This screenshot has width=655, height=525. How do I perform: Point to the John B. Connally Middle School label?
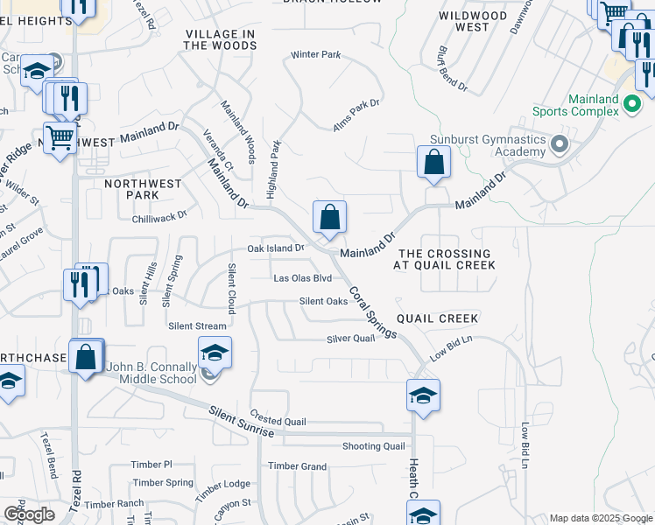[x=151, y=373]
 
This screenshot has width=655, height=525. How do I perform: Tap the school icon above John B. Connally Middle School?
[x=215, y=353]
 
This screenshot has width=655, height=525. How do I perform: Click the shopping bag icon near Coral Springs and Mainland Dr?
[x=329, y=217]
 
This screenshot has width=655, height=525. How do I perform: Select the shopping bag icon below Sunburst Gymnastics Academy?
[x=433, y=162]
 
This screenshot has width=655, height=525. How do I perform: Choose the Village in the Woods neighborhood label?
[x=220, y=39]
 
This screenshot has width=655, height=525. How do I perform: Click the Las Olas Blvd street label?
[x=303, y=278]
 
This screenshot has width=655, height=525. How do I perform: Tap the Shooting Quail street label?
[x=373, y=446]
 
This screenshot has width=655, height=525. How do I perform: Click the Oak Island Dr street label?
[x=275, y=248]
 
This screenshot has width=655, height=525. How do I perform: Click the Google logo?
[x=30, y=514]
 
